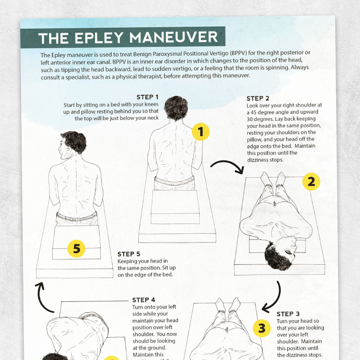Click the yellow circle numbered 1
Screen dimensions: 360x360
coord(201,131)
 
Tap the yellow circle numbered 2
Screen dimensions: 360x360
coord(311,182)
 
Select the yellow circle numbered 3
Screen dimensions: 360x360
coord(262,328)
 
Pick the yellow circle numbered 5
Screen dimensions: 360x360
coord(76,248)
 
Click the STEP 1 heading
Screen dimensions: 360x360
coord(148,97)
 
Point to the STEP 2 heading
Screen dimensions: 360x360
coord(258,99)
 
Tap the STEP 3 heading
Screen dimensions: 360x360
coord(288,314)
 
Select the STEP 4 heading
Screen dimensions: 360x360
coord(144,300)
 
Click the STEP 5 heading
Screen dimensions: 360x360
coord(129,254)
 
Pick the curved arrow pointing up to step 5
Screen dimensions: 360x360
coord(45,298)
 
